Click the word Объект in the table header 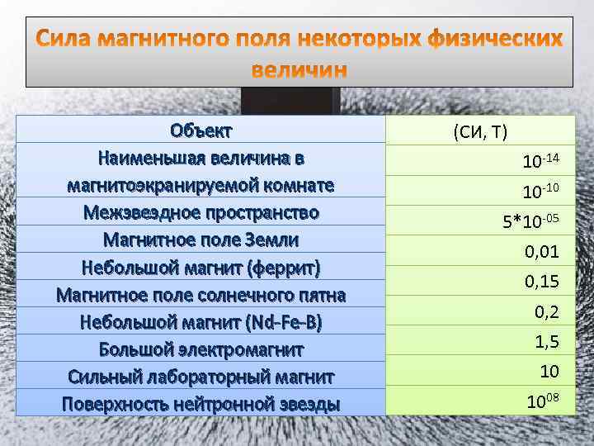(x=201, y=130)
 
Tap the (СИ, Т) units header (x=480, y=132)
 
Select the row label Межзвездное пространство (x=201, y=212)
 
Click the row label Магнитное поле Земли (x=201, y=240)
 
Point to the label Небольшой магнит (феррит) (x=201, y=268)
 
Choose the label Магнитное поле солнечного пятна (x=201, y=295)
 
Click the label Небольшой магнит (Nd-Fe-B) (x=201, y=322)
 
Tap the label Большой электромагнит (x=201, y=349)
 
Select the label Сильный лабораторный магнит (x=201, y=377)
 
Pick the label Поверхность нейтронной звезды (x=201, y=404)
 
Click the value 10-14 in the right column (x=540, y=159)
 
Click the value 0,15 (x=541, y=282)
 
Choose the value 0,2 (x=546, y=311)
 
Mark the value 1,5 (x=546, y=341)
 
